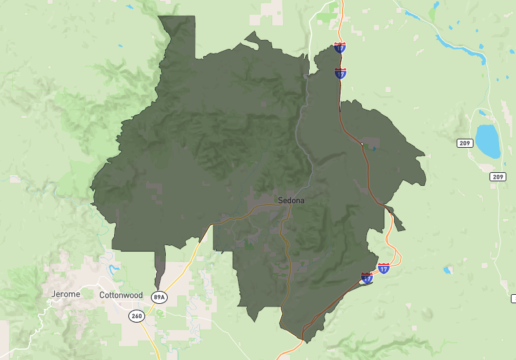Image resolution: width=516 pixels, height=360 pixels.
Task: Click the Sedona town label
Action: [x=291, y=200]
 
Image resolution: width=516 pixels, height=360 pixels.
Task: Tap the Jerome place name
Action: [x=65, y=294]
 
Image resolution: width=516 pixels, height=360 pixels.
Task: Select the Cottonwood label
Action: [x=121, y=295]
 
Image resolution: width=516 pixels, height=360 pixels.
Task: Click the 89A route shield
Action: [x=159, y=297]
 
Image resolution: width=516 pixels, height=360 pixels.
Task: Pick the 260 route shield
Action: [x=136, y=316]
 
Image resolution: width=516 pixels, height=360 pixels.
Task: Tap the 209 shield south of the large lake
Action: [x=497, y=176]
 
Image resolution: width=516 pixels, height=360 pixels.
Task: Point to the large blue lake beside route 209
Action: [x=488, y=141]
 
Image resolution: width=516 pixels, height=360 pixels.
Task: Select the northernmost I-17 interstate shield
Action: [x=340, y=47]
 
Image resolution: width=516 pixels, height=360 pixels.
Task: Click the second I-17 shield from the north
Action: [x=341, y=72]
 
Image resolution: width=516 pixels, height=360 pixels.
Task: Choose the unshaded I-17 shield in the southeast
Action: [x=384, y=268]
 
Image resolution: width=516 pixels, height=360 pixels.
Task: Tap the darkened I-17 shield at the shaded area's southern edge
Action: [x=367, y=278]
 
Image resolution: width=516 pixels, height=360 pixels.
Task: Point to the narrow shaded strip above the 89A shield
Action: [x=160, y=268]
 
